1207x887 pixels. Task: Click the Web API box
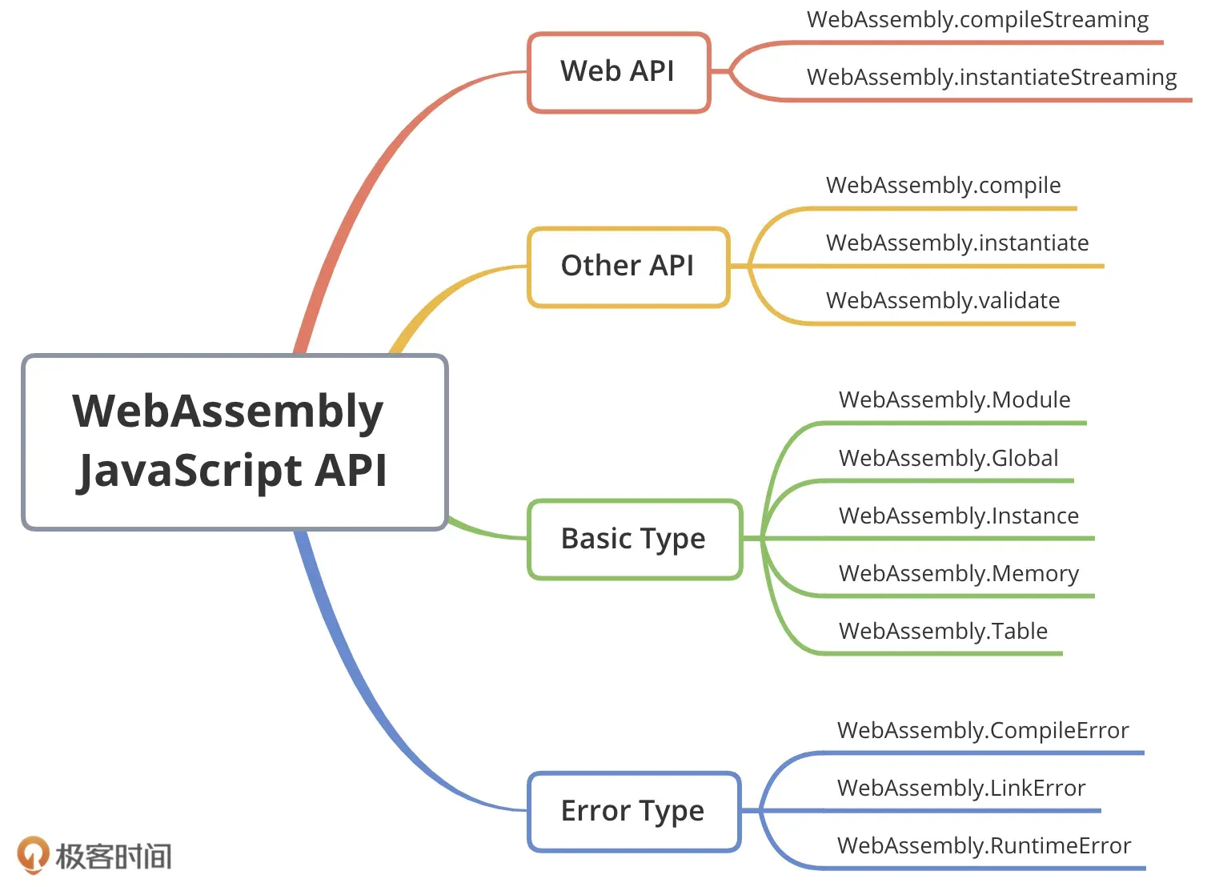click(618, 72)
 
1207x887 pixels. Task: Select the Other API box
click(628, 267)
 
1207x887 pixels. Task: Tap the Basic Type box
click(635, 539)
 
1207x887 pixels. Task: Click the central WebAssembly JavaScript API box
click(234, 441)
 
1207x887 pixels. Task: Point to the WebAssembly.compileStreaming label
click(977, 20)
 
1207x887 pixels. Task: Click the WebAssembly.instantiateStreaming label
click(992, 78)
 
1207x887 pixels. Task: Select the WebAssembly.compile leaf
click(943, 186)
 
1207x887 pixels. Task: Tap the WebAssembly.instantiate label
click(957, 243)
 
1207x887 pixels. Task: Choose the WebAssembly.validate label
click(943, 301)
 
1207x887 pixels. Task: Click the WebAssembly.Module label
click(954, 400)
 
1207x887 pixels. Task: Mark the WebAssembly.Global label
click(948, 458)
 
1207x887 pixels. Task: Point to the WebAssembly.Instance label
click(959, 516)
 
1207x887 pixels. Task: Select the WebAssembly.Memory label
click(959, 574)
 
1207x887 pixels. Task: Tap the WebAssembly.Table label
click(943, 632)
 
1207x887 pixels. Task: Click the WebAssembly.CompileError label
click(983, 731)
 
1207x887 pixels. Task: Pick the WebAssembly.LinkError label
click(961, 789)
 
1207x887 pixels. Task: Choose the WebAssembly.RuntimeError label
click(984, 846)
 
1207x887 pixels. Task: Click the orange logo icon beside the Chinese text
click(33, 854)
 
